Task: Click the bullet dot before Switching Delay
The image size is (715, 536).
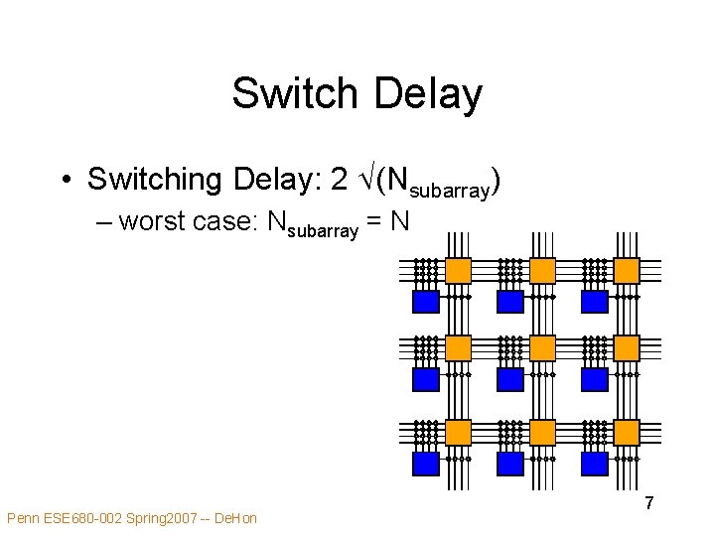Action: tap(64, 180)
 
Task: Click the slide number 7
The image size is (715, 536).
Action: tap(648, 503)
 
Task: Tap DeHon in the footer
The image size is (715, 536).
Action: tap(235, 518)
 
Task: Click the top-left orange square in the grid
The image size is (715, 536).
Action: tap(458, 270)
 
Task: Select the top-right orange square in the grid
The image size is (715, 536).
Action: tap(627, 270)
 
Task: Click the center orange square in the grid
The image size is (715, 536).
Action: tap(542, 347)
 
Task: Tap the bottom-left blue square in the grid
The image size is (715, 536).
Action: tap(426, 464)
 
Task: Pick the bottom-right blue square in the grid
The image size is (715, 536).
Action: tap(595, 464)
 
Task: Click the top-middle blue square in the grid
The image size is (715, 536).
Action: tap(510, 301)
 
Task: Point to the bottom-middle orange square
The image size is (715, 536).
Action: tap(542, 432)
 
